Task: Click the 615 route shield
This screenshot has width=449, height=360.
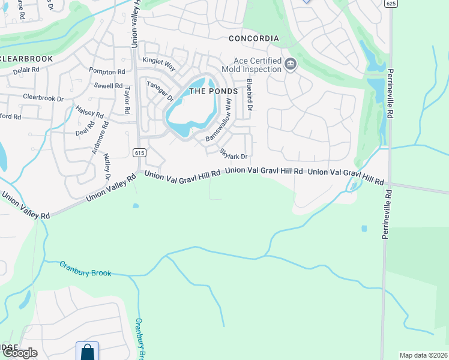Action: pos(139,153)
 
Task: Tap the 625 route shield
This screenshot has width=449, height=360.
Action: pos(391,4)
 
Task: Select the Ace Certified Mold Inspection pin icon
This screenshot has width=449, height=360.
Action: pos(291,64)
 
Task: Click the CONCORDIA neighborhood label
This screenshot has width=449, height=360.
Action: pos(254,38)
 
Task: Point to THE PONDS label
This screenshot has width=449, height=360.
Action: pos(213,91)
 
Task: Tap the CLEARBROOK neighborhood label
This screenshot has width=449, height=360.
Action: pos(26,59)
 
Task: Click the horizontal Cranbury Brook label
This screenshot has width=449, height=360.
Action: pos(85,268)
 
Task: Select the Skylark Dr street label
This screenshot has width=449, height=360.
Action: pos(234,154)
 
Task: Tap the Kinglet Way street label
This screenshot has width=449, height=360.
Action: pos(158,61)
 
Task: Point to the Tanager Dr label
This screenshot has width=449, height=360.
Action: pos(160,91)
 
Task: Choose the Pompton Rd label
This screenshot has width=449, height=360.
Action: pos(106,71)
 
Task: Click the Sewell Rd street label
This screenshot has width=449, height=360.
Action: pos(108,86)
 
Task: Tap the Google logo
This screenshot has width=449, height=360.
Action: pos(19,353)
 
